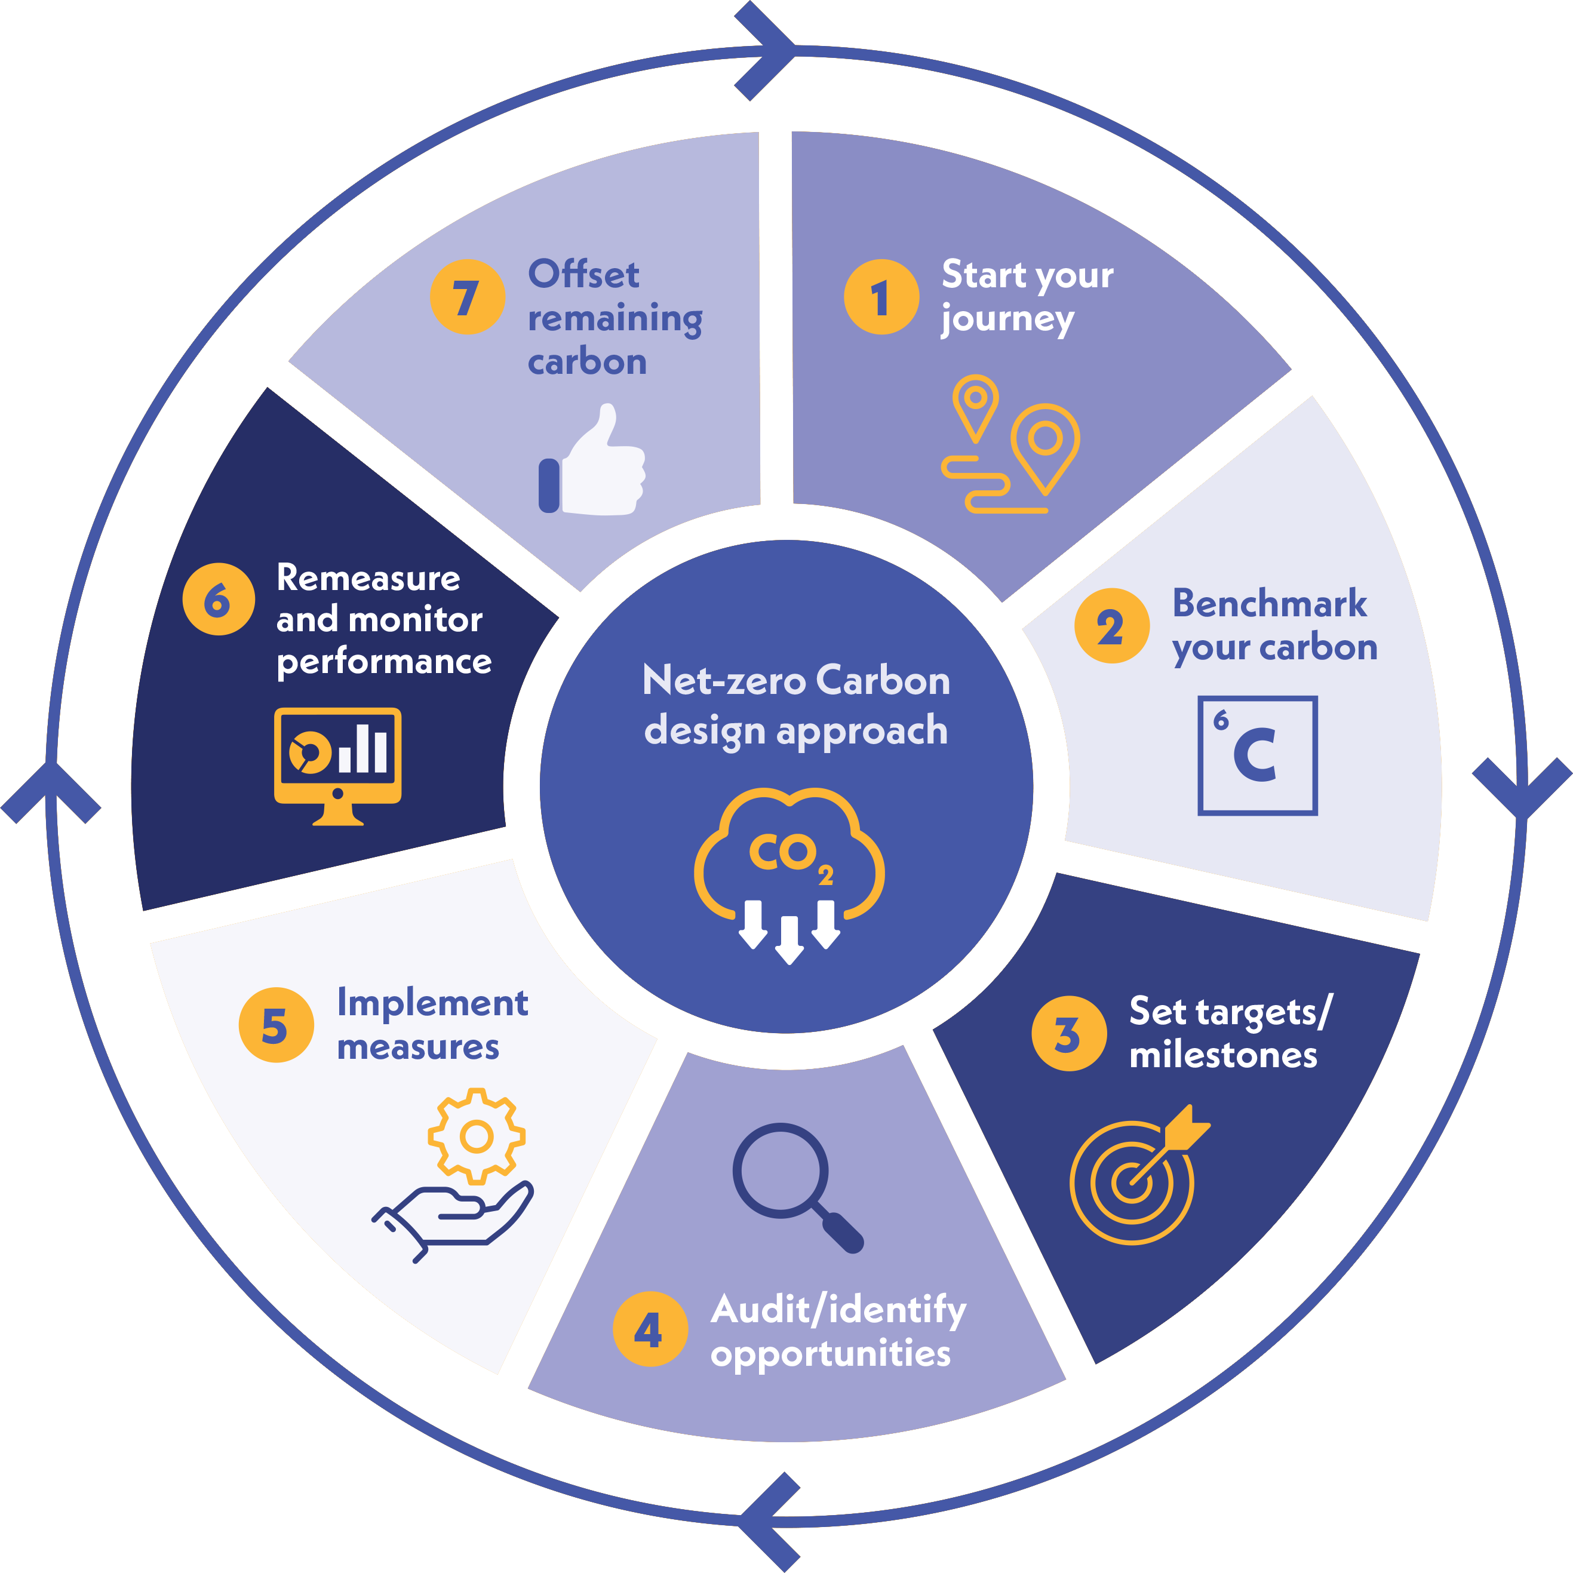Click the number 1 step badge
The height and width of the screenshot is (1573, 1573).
click(x=881, y=297)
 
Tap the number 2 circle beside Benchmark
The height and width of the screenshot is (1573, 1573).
click(x=1111, y=625)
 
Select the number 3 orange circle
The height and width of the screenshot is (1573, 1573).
click(x=1068, y=1033)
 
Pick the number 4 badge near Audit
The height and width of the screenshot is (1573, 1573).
click(x=650, y=1329)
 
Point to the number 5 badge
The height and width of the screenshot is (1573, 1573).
click(x=276, y=1025)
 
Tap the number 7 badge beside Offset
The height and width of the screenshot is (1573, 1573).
click(x=468, y=297)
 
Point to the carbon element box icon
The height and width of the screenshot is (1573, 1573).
click(x=1257, y=755)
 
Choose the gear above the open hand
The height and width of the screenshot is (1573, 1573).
click(x=477, y=1136)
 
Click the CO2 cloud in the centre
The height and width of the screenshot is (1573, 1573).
click(x=788, y=871)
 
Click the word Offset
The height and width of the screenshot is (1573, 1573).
click(x=583, y=274)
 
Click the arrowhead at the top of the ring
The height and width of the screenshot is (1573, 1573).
click(x=766, y=51)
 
